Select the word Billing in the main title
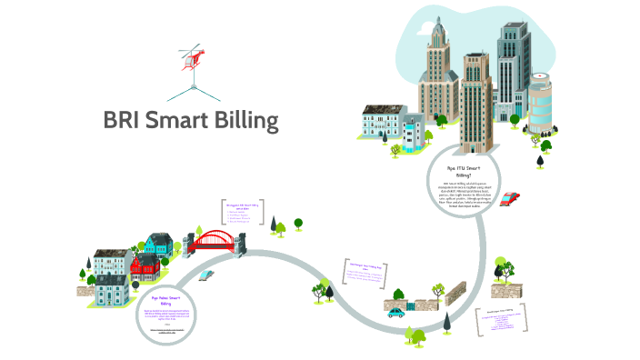[x=245, y=121]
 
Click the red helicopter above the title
[x=193, y=56]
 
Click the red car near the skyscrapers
[x=510, y=198]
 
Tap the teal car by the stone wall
[x=396, y=312]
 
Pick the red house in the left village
[x=143, y=265]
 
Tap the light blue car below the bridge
[x=206, y=274]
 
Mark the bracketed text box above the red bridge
[x=243, y=211]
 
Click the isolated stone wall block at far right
[x=502, y=290]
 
